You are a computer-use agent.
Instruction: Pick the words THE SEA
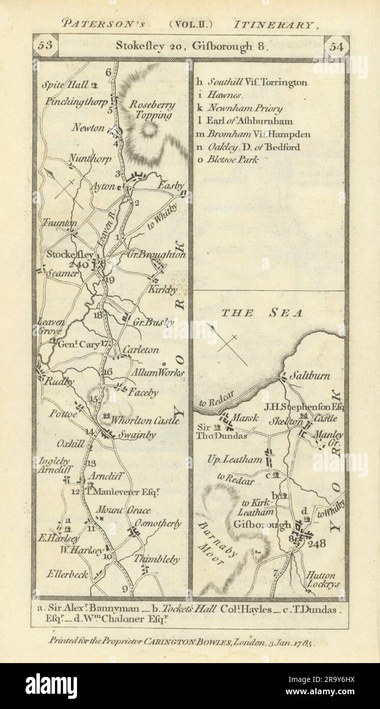(x=262, y=313)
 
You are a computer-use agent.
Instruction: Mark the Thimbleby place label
(x=156, y=560)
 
